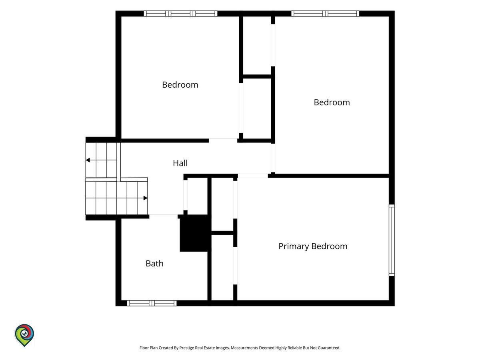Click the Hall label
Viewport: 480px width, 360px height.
(x=180, y=163)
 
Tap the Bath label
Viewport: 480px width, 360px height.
(x=154, y=263)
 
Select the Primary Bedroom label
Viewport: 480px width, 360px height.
(x=313, y=246)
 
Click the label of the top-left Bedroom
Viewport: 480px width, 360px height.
(x=180, y=84)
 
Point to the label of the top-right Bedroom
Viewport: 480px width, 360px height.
(x=332, y=102)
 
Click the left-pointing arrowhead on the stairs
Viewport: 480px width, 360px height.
(x=88, y=160)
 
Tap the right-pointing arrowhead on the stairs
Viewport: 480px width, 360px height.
(x=146, y=198)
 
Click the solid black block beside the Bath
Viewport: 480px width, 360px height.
(x=194, y=233)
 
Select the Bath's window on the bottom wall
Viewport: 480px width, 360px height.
(x=152, y=303)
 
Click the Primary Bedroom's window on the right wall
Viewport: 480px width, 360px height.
(x=392, y=240)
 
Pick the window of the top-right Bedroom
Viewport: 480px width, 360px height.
(x=325, y=14)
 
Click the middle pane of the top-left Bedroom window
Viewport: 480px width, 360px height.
(x=180, y=14)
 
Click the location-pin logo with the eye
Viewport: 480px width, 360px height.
(x=24, y=335)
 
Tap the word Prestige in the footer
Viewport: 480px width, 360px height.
(x=186, y=348)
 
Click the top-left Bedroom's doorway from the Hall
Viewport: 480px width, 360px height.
(x=223, y=140)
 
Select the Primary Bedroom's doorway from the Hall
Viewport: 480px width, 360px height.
(x=253, y=176)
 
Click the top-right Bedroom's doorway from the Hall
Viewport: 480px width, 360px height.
(x=273, y=158)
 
